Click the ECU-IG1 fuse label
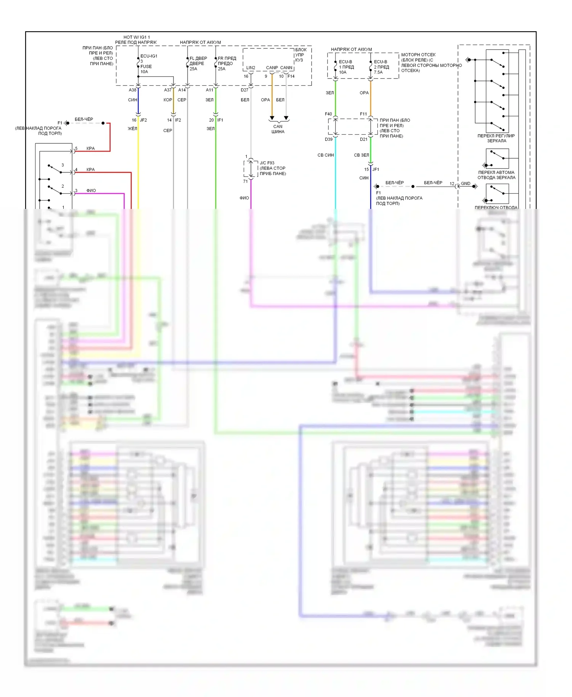point(149,56)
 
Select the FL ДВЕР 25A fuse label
point(198,64)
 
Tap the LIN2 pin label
point(251,68)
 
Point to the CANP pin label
point(272,68)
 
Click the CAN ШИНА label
point(278,129)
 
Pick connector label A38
point(132,90)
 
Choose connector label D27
point(244,90)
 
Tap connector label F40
point(328,114)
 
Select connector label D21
point(364,140)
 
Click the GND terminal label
point(466,183)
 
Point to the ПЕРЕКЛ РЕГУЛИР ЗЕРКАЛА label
point(496,138)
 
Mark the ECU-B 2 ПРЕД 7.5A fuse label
point(381,67)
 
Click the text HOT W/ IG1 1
point(137,37)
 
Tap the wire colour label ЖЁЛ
point(132,129)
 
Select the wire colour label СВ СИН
point(326,155)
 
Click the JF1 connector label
point(376,169)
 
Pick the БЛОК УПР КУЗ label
point(300,55)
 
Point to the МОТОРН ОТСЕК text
point(418,55)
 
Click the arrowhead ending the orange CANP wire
point(272,118)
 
